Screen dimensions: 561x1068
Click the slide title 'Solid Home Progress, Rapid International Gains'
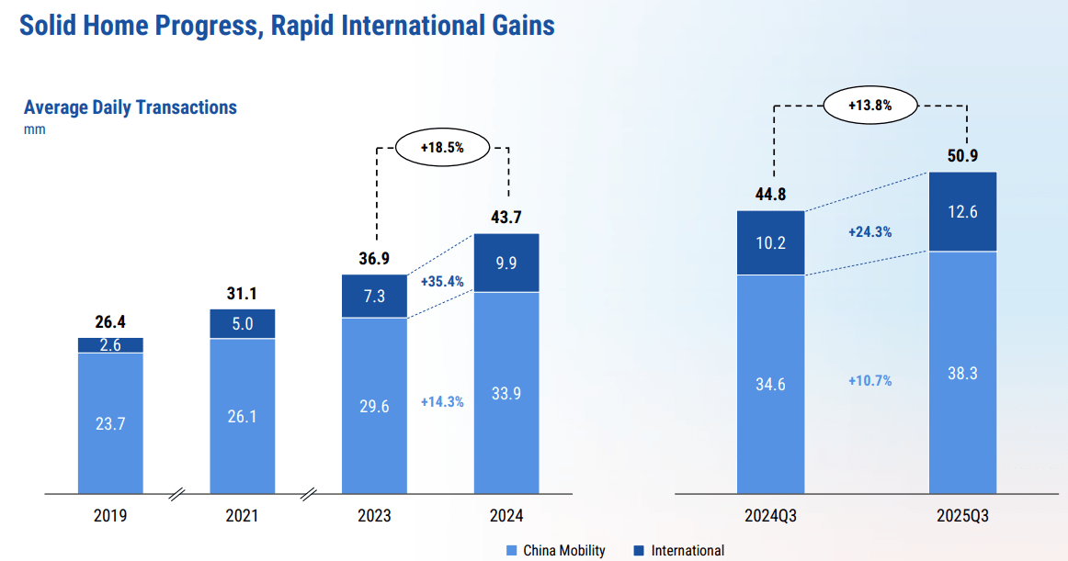pyautogui.click(x=287, y=25)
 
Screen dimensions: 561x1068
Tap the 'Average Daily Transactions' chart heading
pyautogui.click(x=131, y=107)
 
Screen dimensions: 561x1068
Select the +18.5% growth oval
pyautogui.click(x=441, y=147)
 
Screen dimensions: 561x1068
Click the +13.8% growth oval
pyautogui.click(x=869, y=106)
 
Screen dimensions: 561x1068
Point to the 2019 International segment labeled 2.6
pyautogui.click(x=110, y=345)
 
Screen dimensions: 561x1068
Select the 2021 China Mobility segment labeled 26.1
pyautogui.click(x=242, y=416)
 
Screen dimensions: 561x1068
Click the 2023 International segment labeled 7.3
pyautogui.click(x=374, y=296)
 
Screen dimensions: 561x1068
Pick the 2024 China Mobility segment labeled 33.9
pyautogui.click(x=506, y=393)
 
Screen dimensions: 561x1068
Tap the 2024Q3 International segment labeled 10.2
pyautogui.click(x=770, y=243)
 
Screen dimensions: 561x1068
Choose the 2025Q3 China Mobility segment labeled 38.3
pyautogui.click(x=962, y=372)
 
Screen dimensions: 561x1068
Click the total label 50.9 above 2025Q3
pyautogui.click(x=962, y=155)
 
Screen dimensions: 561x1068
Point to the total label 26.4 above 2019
pyautogui.click(x=110, y=322)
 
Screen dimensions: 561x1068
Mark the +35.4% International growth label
pyautogui.click(x=442, y=281)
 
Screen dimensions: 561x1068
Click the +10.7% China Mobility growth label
pyautogui.click(x=869, y=380)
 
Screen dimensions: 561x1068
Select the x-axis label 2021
pyautogui.click(x=242, y=516)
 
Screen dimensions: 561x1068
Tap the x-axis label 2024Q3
pyautogui.click(x=770, y=516)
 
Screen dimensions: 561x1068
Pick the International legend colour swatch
pyautogui.click(x=639, y=551)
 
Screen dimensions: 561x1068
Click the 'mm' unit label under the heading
pyautogui.click(x=34, y=129)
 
